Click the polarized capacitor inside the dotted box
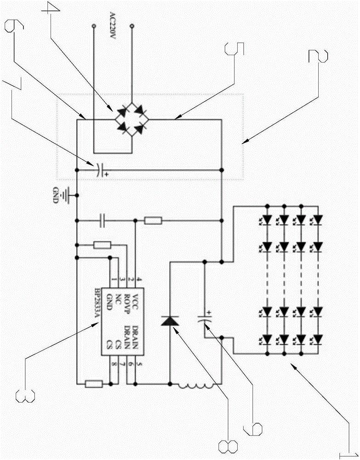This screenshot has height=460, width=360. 100,170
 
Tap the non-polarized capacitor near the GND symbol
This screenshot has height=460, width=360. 103,221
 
